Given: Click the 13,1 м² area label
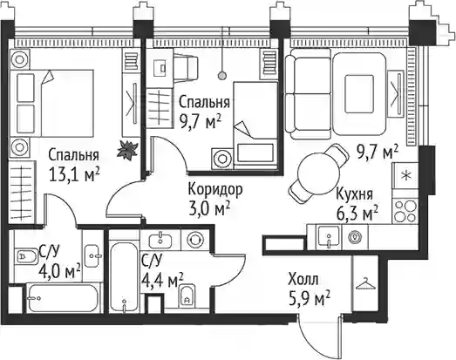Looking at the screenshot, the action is click(x=75, y=174).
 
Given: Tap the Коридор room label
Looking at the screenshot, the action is click(x=215, y=190).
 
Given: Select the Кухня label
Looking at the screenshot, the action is click(x=354, y=194).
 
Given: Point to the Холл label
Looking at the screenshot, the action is click(x=303, y=279).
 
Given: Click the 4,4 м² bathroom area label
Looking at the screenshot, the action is click(x=162, y=281).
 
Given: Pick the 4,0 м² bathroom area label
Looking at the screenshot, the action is click(x=59, y=270).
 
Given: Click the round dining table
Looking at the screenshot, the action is click(x=319, y=173).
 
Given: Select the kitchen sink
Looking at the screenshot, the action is click(x=329, y=236).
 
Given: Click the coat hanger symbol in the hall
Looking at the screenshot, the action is click(x=365, y=284).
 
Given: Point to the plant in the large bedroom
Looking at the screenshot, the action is click(x=127, y=150).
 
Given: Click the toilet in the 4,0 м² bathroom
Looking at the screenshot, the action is click(x=26, y=256).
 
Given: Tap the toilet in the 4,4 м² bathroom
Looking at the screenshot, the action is click(x=187, y=295).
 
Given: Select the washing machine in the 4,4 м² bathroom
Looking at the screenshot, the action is click(x=194, y=241).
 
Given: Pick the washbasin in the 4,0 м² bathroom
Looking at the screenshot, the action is click(x=93, y=255).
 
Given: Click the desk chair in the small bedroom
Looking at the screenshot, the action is click(x=187, y=67).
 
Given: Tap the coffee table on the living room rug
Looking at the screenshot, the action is click(x=359, y=93).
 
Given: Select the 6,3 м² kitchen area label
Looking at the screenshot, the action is click(x=357, y=213).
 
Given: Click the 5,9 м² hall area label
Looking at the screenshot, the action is click(x=310, y=298).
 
